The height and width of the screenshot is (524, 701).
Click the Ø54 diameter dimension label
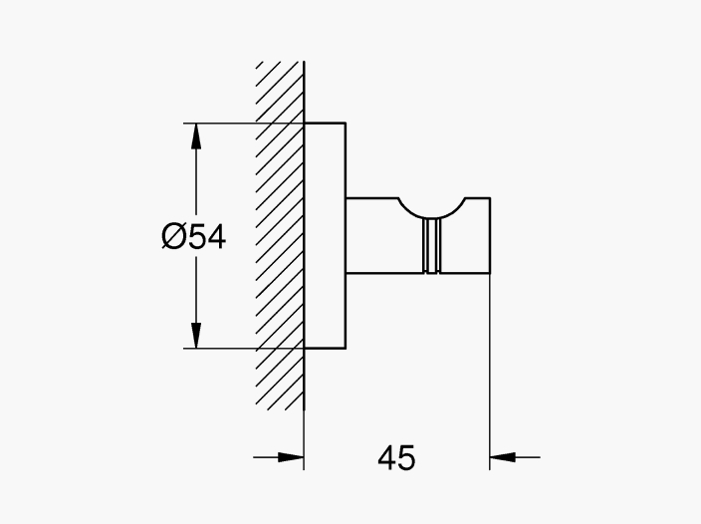(x=193, y=236)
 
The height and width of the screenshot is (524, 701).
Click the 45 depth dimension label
(x=396, y=457)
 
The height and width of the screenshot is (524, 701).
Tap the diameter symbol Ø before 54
(x=173, y=236)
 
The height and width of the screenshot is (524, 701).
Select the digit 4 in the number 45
(x=386, y=457)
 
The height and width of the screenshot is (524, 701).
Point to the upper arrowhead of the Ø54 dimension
(x=196, y=135)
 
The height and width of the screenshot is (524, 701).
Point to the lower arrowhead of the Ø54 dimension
(x=196, y=335)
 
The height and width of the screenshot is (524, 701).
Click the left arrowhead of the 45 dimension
(x=291, y=457)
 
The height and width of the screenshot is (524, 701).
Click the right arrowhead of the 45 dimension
(x=503, y=457)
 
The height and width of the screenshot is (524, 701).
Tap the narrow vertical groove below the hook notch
(x=431, y=246)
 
